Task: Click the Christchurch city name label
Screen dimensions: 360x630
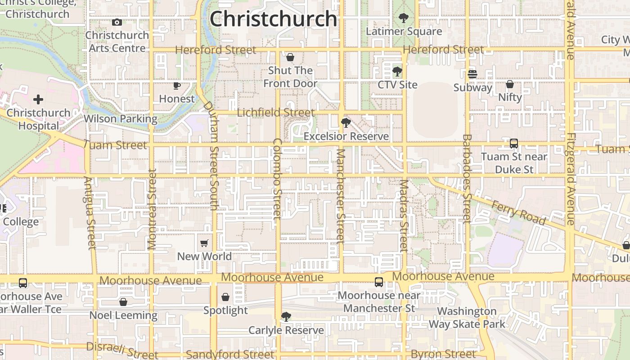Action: tap(274, 19)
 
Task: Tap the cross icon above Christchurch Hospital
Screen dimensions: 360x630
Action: tap(38, 99)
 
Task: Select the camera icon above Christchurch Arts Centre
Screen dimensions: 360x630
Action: tap(117, 22)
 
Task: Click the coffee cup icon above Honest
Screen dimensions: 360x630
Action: tap(177, 85)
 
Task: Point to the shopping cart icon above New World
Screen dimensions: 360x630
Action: tap(204, 243)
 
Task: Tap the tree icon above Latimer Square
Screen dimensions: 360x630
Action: tap(404, 18)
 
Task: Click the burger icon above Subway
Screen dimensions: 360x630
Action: tap(472, 74)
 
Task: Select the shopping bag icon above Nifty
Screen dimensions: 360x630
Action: tap(510, 84)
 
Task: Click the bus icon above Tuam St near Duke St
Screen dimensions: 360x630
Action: tap(514, 144)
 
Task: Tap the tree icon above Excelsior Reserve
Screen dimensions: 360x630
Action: tap(346, 123)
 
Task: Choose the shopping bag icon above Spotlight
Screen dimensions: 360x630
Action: tap(225, 297)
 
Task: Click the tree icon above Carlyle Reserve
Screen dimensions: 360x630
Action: tap(286, 317)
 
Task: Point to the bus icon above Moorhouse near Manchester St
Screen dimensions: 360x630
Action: tap(379, 282)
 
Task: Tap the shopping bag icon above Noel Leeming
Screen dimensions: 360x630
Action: tap(123, 302)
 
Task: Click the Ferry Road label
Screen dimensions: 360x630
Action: tap(518, 213)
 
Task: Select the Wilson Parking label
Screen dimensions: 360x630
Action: tap(121, 119)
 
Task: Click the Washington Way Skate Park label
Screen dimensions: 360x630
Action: tap(467, 317)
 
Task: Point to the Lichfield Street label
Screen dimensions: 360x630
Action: tap(275, 112)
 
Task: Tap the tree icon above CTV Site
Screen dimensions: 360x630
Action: tap(397, 72)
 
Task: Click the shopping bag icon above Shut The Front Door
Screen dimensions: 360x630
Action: tap(290, 57)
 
